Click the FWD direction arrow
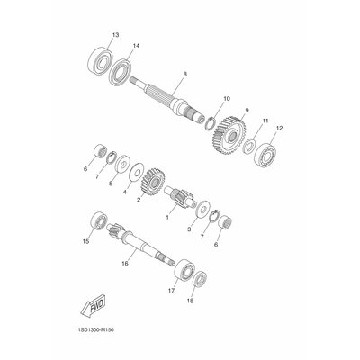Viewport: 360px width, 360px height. [94, 305]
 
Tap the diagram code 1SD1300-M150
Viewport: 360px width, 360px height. [95, 330]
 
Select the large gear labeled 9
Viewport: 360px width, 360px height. [230, 136]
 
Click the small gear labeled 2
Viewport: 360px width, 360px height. [153, 182]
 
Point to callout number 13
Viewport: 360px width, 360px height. [115, 35]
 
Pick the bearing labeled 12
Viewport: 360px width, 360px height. [267, 154]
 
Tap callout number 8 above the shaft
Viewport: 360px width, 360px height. [184, 74]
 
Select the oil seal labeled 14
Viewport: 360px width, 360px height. [121, 73]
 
